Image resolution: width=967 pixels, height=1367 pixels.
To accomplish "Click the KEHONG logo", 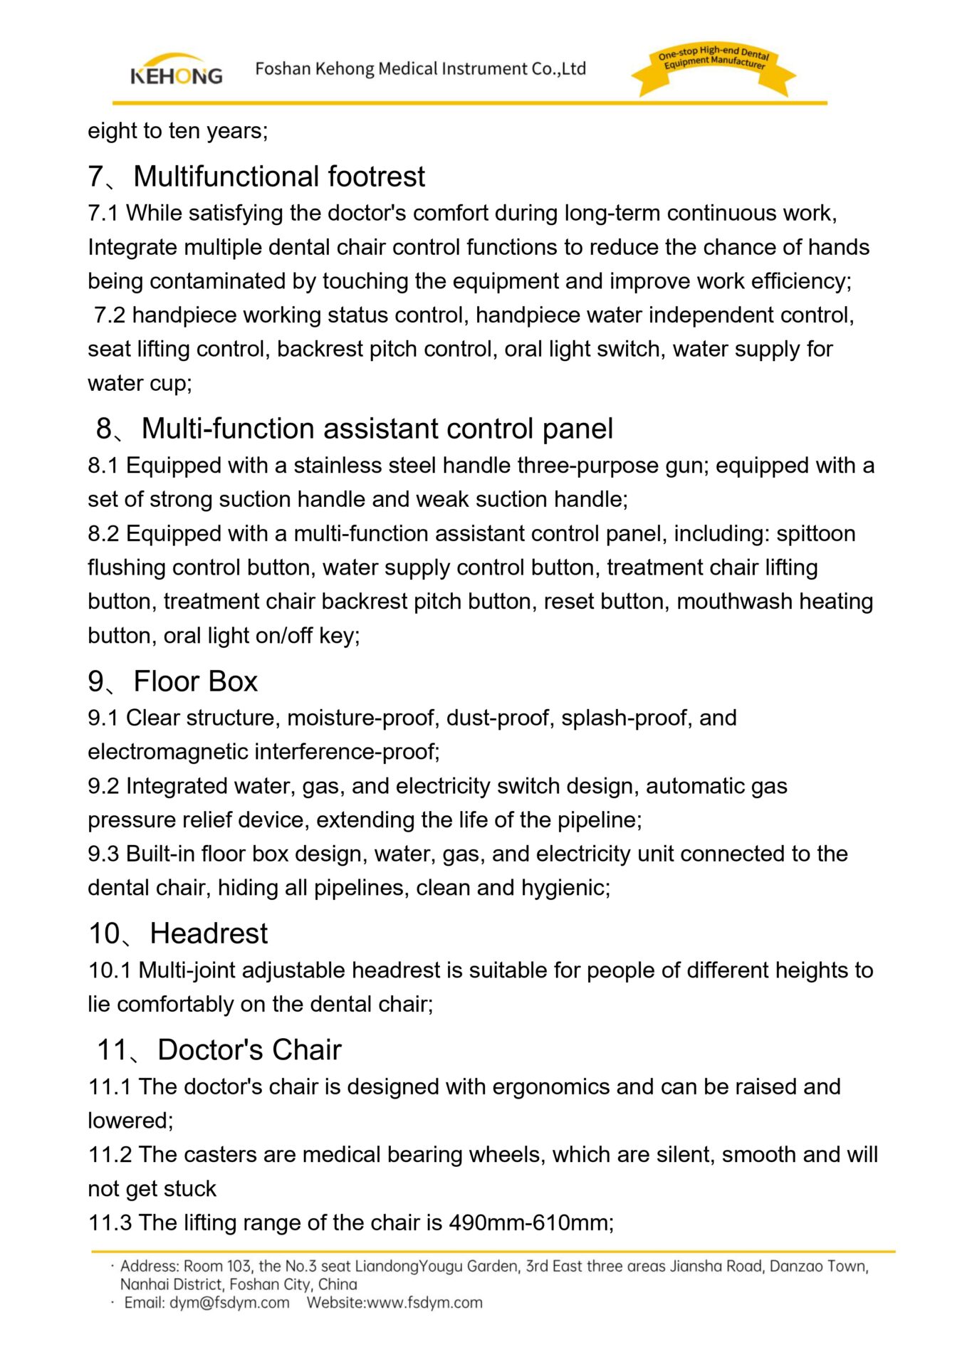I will (x=176, y=70).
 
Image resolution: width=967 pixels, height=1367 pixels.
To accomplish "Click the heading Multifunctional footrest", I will (x=278, y=177).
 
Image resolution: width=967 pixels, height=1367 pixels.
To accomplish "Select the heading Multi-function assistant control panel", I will (x=377, y=429).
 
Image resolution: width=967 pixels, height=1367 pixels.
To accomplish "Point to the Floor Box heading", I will (x=195, y=681).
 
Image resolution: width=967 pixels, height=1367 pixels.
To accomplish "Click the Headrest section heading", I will (x=209, y=933).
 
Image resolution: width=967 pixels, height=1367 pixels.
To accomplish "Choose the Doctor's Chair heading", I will (x=249, y=1050).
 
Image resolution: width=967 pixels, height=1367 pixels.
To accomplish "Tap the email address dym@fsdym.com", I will (x=229, y=1303).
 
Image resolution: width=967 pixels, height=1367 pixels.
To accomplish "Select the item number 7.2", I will (x=110, y=315).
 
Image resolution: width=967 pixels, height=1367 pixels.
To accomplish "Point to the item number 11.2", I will (x=110, y=1154).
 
